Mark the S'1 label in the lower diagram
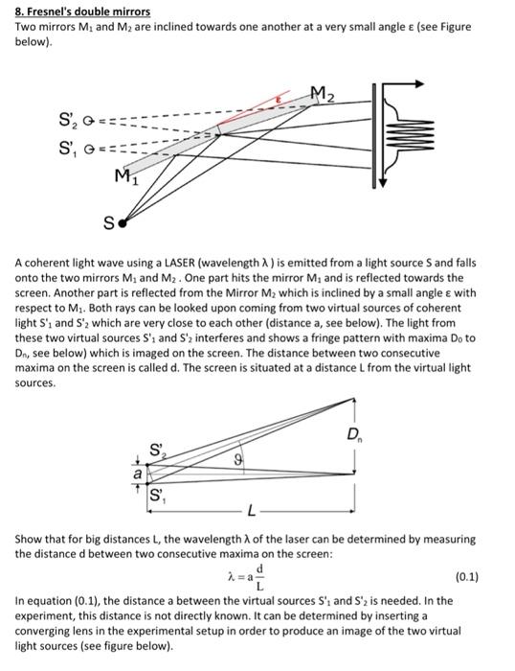157,497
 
